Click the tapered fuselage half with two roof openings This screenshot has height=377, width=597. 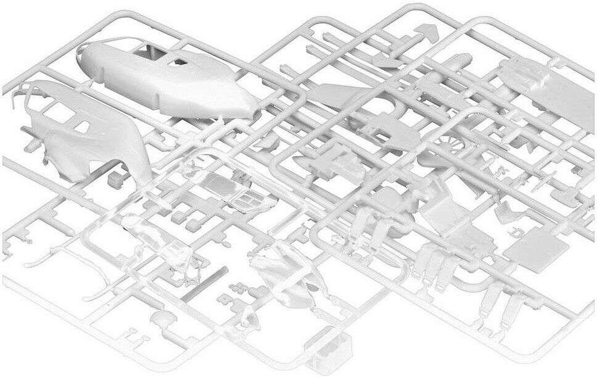[167, 80]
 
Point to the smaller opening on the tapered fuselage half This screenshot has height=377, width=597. [179, 62]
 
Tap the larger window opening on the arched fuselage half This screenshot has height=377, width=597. [59, 111]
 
